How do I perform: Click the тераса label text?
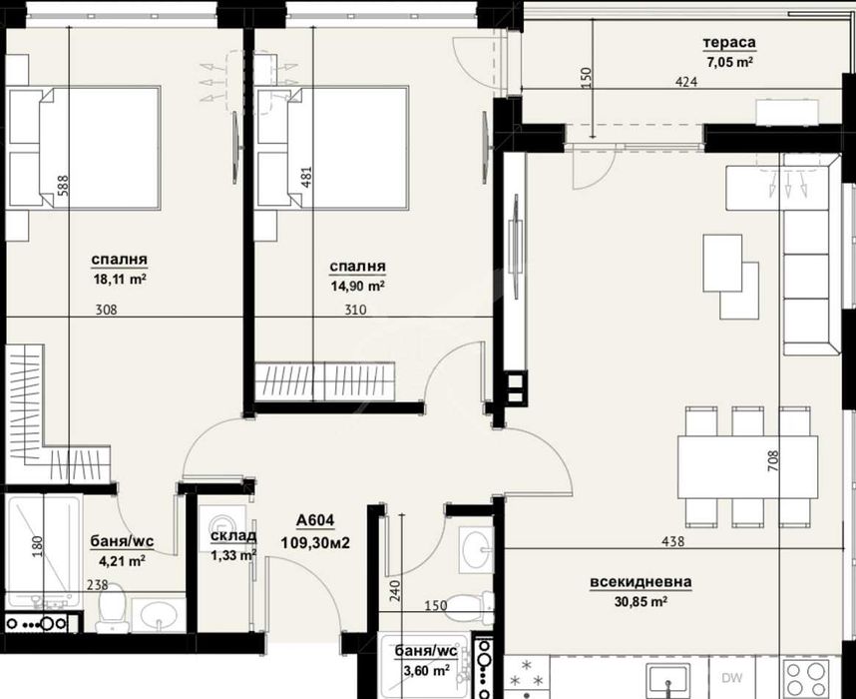click(728, 43)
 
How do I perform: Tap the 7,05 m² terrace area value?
click(730, 62)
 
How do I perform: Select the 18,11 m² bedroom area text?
click(120, 281)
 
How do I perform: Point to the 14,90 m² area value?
click(358, 286)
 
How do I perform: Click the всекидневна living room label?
click(642, 582)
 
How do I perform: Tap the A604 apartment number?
click(315, 520)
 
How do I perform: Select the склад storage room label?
click(232, 536)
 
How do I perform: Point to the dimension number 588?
click(62, 189)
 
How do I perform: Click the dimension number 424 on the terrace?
click(685, 83)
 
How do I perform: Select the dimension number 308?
click(107, 310)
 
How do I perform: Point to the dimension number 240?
click(395, 591)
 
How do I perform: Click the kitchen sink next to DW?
click(660, 676)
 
